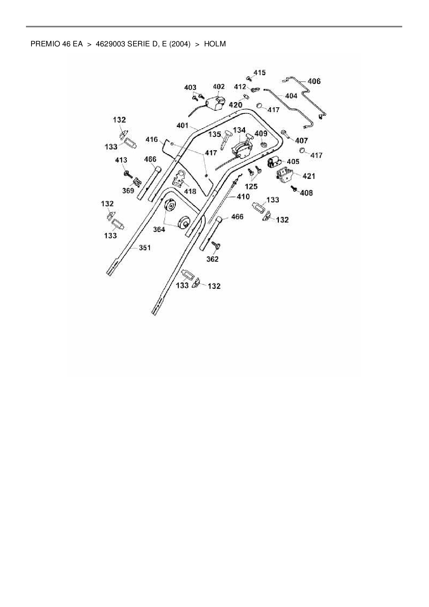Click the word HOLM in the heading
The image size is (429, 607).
coord(215,44)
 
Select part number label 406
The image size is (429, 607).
coord(314,81)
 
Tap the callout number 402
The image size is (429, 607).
coord(219,87)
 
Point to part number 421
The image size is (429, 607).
coord(309,176)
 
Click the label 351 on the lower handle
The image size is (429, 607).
coord(145,248)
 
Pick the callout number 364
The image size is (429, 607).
coord(159,229)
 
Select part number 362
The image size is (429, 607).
coord(212,259)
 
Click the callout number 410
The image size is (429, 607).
coord(243,197)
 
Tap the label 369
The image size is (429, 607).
coord(128,191)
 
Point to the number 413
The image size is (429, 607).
coord(121,160)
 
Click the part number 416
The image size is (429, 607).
coord(152,139)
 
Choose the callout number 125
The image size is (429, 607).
coord(251,187)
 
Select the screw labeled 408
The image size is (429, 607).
coord(294,189)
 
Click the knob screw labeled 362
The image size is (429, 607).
coord(217,246)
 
